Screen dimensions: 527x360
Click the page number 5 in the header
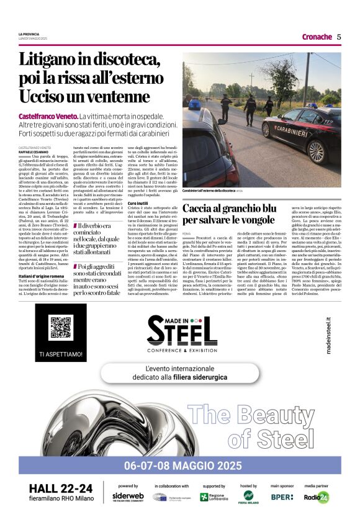(339, 37)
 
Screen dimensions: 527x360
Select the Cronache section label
(317, 37)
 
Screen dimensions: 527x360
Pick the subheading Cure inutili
(138, 203)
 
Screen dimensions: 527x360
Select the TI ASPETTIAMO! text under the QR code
(60, 354)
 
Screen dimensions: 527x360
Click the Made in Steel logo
(179, 333)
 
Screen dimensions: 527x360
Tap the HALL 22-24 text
(61, 489)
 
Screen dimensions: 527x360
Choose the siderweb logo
(128, 496)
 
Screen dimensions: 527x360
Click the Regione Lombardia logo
(214, 497)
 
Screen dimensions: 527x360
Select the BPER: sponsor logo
(282, 497)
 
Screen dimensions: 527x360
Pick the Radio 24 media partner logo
(317, 497)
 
